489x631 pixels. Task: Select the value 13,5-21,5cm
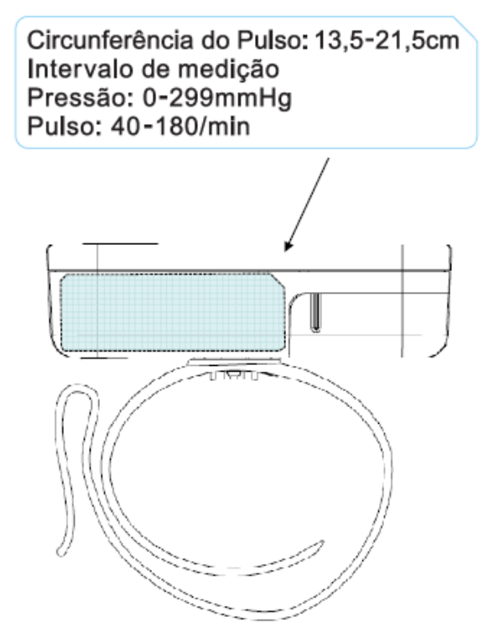coord(387,41)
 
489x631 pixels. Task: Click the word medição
coord(228,70)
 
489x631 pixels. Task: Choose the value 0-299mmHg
coord(217,99)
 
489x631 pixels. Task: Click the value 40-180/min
coord(180,127)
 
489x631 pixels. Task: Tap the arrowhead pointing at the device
coord(288,246)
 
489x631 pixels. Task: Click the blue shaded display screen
coord(173,313)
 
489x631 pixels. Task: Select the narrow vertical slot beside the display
coord(316,312)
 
